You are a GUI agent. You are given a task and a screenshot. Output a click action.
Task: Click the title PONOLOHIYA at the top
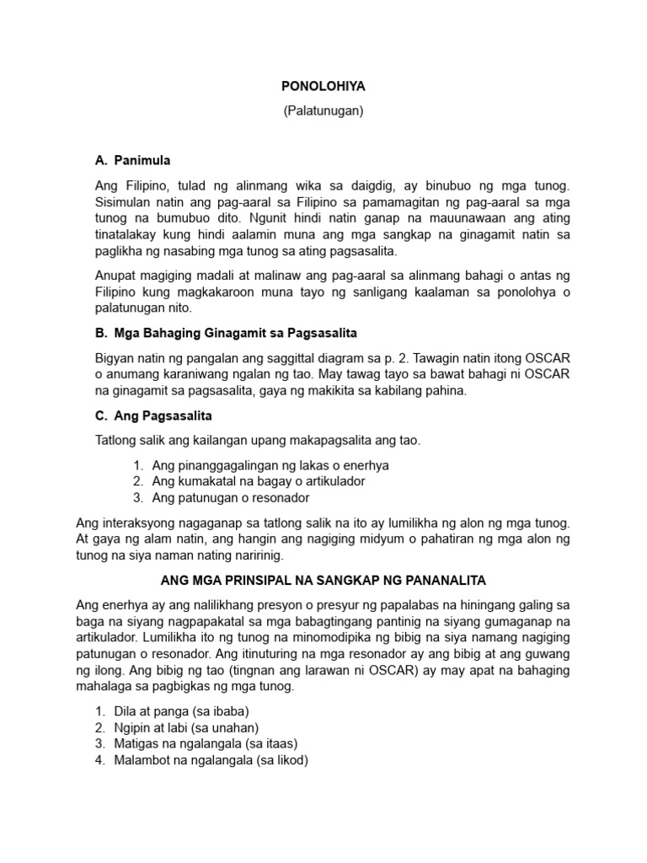coord(323,86)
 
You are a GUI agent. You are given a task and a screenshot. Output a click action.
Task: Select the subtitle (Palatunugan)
coord(323,110)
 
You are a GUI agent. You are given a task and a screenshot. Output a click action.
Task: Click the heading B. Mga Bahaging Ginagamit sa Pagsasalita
coord(220,333)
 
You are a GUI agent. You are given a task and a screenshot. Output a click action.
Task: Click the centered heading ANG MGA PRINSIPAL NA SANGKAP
coord(323,581)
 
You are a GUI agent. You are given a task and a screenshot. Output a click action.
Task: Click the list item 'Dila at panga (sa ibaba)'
coord(182,710)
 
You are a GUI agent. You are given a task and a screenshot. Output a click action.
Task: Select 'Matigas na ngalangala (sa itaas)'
coord(206,743)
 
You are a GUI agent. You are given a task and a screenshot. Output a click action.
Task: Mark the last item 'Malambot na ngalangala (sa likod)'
coord(211,759)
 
